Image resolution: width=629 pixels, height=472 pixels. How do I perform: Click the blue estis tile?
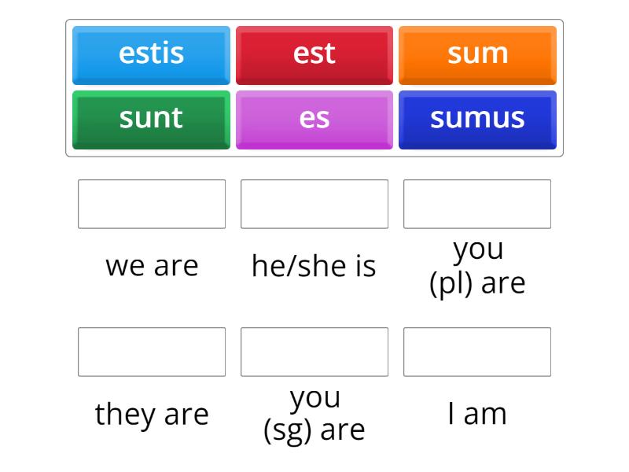click(x=151, y=55)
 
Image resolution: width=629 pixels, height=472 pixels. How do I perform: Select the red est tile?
click(x=314, y=55)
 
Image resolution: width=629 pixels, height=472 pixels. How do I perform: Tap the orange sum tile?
click(x=477, y=55)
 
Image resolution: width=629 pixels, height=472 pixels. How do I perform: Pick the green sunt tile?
click(x=151, y=120)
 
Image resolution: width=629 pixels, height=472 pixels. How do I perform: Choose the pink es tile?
click(x=314, y=120)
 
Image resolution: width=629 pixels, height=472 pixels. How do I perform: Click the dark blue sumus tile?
click(x=477, y=120)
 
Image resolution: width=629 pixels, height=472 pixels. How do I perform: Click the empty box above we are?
click(x=152, y=204)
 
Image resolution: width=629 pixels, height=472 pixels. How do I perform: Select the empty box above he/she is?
click(x=314, y=204)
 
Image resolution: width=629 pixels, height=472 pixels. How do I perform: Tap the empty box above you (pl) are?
click(x=477, y=204)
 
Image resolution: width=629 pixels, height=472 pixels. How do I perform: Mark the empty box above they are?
click(x=152, y=352)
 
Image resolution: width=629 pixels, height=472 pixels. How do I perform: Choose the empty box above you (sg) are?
click(x=314, y=352)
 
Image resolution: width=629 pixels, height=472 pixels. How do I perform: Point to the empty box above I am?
click(x=477, y=352)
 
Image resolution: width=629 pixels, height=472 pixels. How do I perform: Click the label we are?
click(x=152, y=266)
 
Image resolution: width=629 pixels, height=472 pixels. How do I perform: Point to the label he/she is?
click(x=314, y=266)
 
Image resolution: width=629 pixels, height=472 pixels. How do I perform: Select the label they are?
click(x=152, y=415)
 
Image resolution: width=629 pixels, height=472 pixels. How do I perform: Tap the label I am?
click(x=477, y=414)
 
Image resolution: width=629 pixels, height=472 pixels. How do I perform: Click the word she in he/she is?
click(x=322, y=266)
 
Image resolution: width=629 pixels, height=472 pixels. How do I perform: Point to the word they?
click(x=125, y=415)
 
